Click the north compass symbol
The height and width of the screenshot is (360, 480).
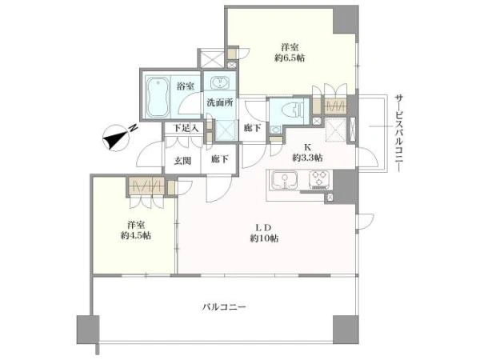117,138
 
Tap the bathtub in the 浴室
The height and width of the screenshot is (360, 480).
158,97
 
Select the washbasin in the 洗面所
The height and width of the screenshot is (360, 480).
219,82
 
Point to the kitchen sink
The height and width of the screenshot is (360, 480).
285,181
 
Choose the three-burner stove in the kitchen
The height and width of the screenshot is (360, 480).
319,180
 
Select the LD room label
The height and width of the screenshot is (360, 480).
264,228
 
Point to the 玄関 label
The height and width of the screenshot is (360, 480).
182,161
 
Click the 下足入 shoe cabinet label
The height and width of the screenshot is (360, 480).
186,128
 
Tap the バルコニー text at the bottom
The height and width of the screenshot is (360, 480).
224,306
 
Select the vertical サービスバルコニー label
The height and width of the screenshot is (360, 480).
398,133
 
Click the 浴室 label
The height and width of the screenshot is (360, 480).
186,86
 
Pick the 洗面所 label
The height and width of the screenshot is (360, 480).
220,102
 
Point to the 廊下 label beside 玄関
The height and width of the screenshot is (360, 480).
220,159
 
